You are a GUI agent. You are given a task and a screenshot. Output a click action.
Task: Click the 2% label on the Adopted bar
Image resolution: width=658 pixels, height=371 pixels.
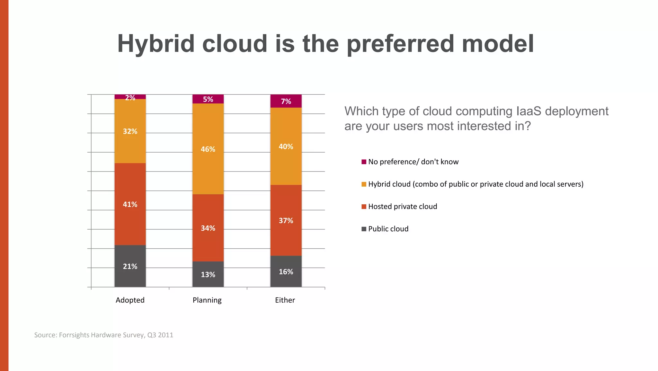point(130,97)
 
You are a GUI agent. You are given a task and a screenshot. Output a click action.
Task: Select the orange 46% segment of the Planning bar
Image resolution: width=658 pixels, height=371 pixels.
point(208,149)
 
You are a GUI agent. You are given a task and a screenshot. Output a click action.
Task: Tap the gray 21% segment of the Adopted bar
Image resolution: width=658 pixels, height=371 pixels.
point(130,266)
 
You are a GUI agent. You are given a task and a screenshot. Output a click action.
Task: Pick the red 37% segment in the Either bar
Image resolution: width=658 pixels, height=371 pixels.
point(286,221)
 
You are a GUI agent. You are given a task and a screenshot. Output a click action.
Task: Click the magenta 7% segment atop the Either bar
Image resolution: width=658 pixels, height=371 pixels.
point(286,101)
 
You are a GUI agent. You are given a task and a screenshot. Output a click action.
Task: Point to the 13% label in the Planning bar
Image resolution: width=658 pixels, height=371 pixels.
point(208,275)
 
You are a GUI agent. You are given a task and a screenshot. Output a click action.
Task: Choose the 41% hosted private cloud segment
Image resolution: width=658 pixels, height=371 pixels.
point(130,204)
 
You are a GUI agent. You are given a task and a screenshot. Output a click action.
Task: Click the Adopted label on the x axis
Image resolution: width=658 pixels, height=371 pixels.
point(130,300)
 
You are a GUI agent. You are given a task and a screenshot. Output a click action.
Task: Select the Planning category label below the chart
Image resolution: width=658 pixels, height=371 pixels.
point(207,300)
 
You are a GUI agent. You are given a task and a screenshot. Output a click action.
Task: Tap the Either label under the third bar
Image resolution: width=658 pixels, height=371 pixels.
point(285,300)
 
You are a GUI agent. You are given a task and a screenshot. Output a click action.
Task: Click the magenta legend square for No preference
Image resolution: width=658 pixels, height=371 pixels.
point(364,162)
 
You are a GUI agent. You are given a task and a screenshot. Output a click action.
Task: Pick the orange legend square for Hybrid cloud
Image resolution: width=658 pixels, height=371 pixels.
point(364,184)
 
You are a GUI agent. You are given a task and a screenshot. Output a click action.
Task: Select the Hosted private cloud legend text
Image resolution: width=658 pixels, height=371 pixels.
point(403,207)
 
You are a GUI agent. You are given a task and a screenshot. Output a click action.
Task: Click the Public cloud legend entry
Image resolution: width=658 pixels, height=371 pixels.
point(388,229)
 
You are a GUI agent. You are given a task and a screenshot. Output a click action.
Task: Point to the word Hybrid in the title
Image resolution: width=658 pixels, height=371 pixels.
point(156,44)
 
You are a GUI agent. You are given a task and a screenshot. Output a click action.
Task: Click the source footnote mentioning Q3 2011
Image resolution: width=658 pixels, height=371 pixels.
point(104,335)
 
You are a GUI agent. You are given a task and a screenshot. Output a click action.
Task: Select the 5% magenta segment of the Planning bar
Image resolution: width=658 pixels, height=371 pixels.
point(208,99)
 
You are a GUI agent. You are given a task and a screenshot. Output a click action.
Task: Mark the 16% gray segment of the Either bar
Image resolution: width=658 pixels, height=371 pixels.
point(286,272)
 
